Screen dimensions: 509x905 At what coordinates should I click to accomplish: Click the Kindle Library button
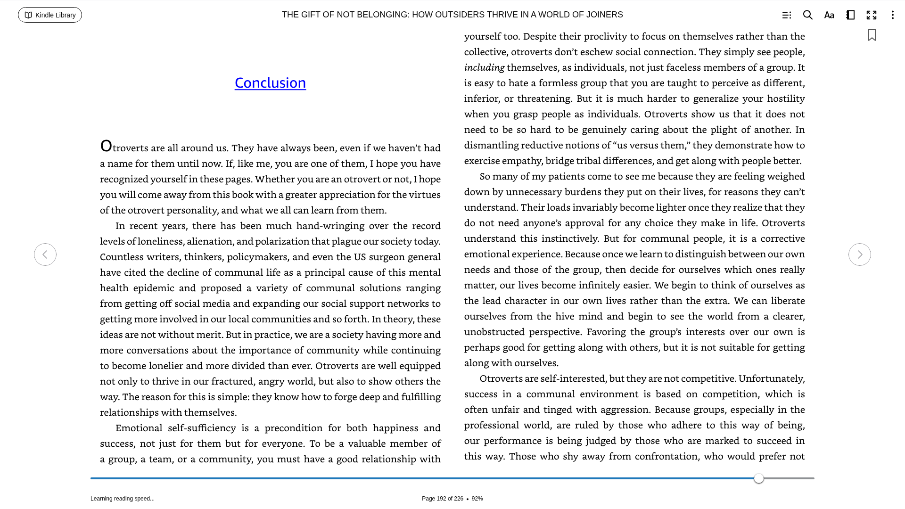tap(50, 15)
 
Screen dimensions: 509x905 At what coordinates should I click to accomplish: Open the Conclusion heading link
tap(270, 82)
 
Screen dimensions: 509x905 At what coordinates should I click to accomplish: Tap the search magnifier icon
tap(807, 15)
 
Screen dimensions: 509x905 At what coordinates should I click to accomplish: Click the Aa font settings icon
tap(829, 15)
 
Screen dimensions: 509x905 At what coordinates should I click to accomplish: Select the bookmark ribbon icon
tap(872, 35)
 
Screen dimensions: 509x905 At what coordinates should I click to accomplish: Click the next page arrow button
tap(859, 254)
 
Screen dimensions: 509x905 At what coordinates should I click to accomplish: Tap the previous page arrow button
tap(45, 254)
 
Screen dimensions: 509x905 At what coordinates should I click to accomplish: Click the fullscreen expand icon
tap(872, 15)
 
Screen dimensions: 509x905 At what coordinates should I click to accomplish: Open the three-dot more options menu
tap(892, 15)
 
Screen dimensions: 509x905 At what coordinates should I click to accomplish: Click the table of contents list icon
tap(786, 15)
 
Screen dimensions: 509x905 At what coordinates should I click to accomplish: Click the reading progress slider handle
tap(758, 478)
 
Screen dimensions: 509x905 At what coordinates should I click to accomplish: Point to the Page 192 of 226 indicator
tap(442, 499)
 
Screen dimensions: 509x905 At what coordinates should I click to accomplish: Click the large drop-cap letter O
tap(106, 146)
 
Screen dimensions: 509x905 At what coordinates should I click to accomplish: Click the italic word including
tap(484, 67)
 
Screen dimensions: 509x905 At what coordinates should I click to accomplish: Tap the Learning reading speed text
tap(123, 499)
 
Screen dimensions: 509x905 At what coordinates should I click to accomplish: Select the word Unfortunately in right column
tap(771, 378)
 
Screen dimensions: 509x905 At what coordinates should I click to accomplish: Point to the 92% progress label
tap(477, 499)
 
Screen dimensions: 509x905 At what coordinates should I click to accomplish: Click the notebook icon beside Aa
tap(850, 15)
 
